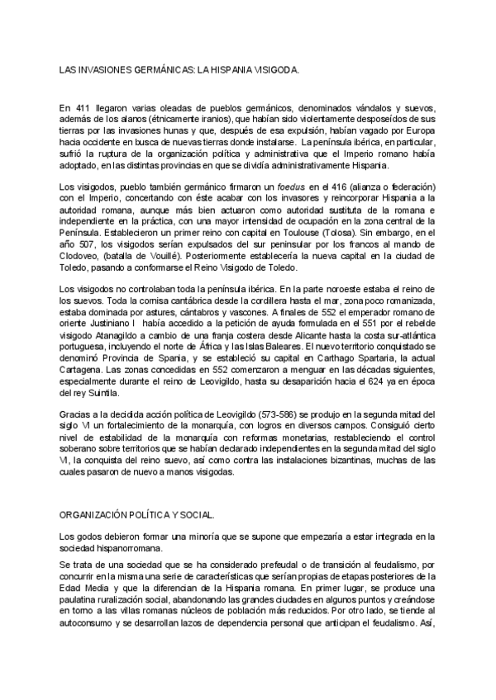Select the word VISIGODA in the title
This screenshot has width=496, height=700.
pyautogui.click(x=268, y=72)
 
